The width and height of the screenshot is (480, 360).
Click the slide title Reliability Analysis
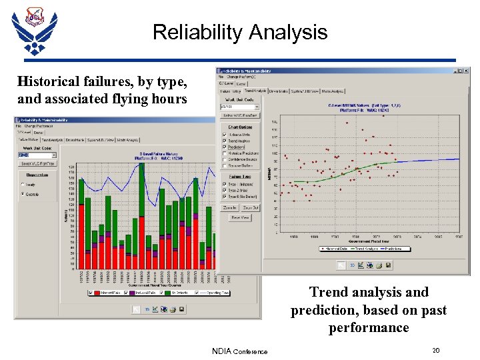click(x=240, y=32)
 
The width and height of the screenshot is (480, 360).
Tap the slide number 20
click(x=435, y=351)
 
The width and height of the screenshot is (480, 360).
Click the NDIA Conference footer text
click(x=239, y=351)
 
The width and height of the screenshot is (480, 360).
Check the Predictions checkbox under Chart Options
click(x=225, y=147)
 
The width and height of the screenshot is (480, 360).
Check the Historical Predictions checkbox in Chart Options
click(x=225, y=153)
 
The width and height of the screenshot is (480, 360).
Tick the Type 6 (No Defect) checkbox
click(x=225, y=197)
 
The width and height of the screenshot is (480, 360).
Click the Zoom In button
click(x=231, y=208)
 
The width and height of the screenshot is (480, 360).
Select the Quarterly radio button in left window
click(x=24, y=195)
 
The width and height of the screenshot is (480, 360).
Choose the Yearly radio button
click(x=24, y=185)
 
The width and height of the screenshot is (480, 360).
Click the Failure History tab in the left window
click(x=29, y=139)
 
